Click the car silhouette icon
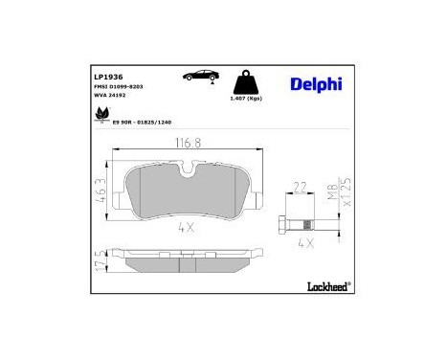coord(199,75)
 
